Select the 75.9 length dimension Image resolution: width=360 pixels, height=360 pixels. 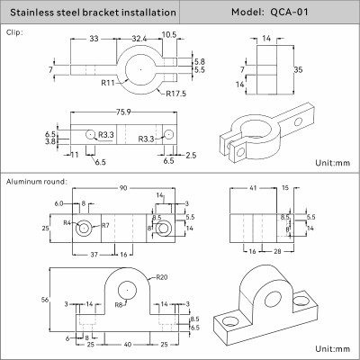coord(124,112)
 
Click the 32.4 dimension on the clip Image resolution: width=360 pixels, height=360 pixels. coord(138,40)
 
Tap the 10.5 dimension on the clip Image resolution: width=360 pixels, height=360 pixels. coord(168,35)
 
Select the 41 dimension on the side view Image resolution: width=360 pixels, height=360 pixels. coord(253,188)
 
